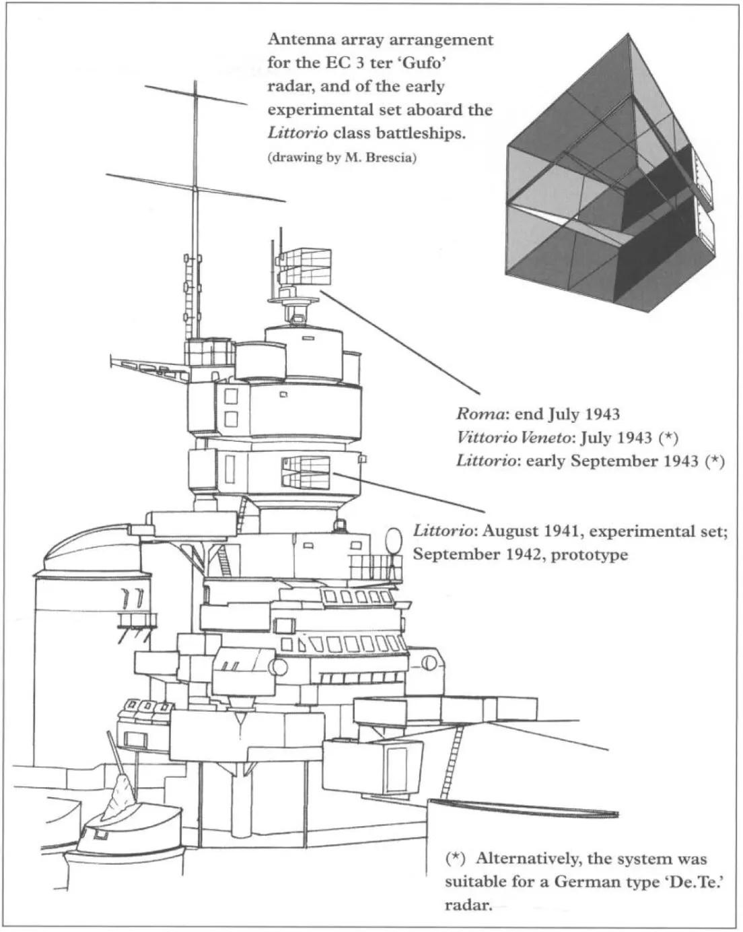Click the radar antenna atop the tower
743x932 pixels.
click(x=301, y=267)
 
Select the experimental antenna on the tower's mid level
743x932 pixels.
click(x=306, y=471)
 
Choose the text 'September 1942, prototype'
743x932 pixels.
click(x=520, y=554)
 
